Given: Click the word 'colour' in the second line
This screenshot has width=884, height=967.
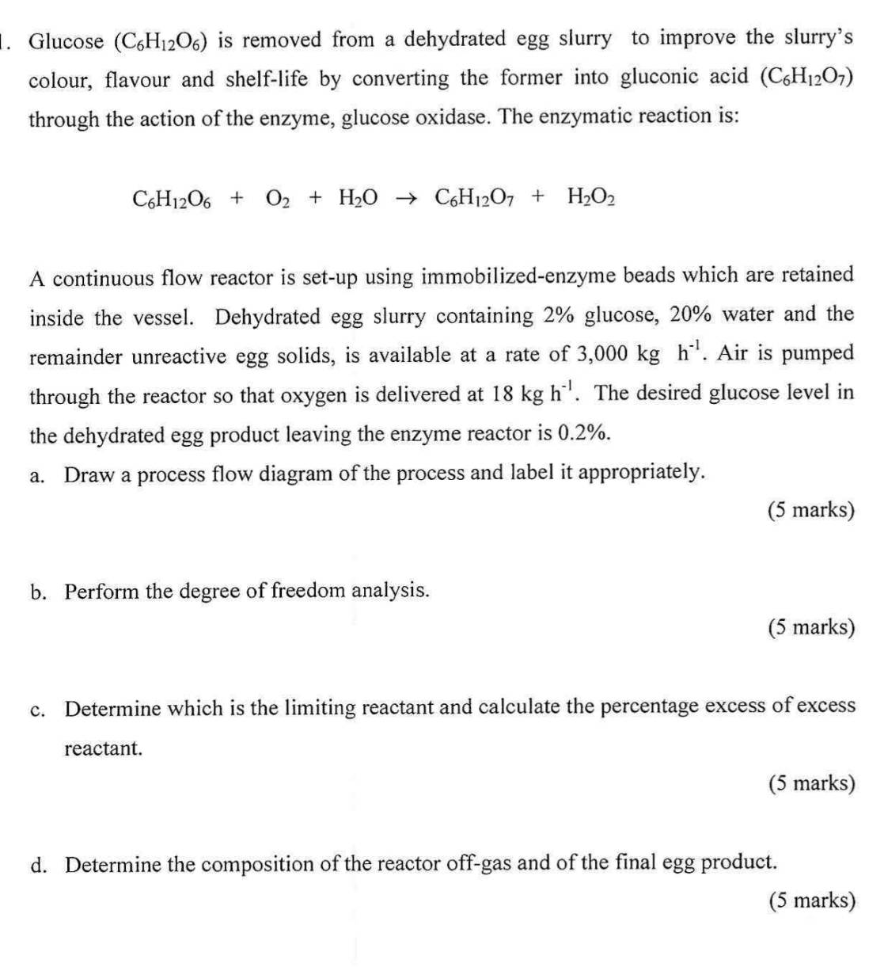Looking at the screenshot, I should click(59, 80).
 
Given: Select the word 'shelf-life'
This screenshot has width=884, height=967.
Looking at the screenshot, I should click(268, 79).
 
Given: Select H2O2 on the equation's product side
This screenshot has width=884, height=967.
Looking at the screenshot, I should click(591, 196).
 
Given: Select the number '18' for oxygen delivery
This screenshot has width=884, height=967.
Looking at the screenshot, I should click(502, 394).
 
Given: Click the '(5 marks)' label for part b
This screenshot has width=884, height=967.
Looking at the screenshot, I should click(811, 627).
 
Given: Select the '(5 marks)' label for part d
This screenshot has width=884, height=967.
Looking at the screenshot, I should click(811, 900).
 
